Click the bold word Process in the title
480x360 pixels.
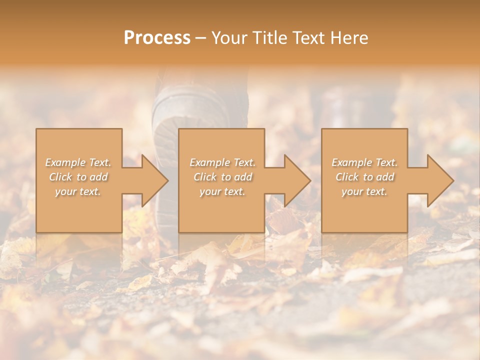[x=157, y=38]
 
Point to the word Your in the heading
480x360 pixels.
[x=230, y=38]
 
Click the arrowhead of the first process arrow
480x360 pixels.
[x=155, y=180]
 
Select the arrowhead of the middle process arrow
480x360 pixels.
[x=297, y=180]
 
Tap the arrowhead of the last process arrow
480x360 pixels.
[x=440, y=180]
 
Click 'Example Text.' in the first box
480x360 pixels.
[x=78, y=162]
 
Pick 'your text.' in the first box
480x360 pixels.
[x=78, y=191]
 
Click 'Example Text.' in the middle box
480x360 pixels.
[x=222, y=162]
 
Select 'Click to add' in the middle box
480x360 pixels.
[x=222, y=177]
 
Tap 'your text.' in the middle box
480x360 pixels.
[x=222, y=191]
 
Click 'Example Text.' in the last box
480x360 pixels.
[x=364, y=162]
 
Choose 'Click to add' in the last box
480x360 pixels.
[x=364, y=177]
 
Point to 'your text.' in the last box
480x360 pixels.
[x=364, y=191]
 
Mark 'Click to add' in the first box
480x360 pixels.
[x=78, y=177]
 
